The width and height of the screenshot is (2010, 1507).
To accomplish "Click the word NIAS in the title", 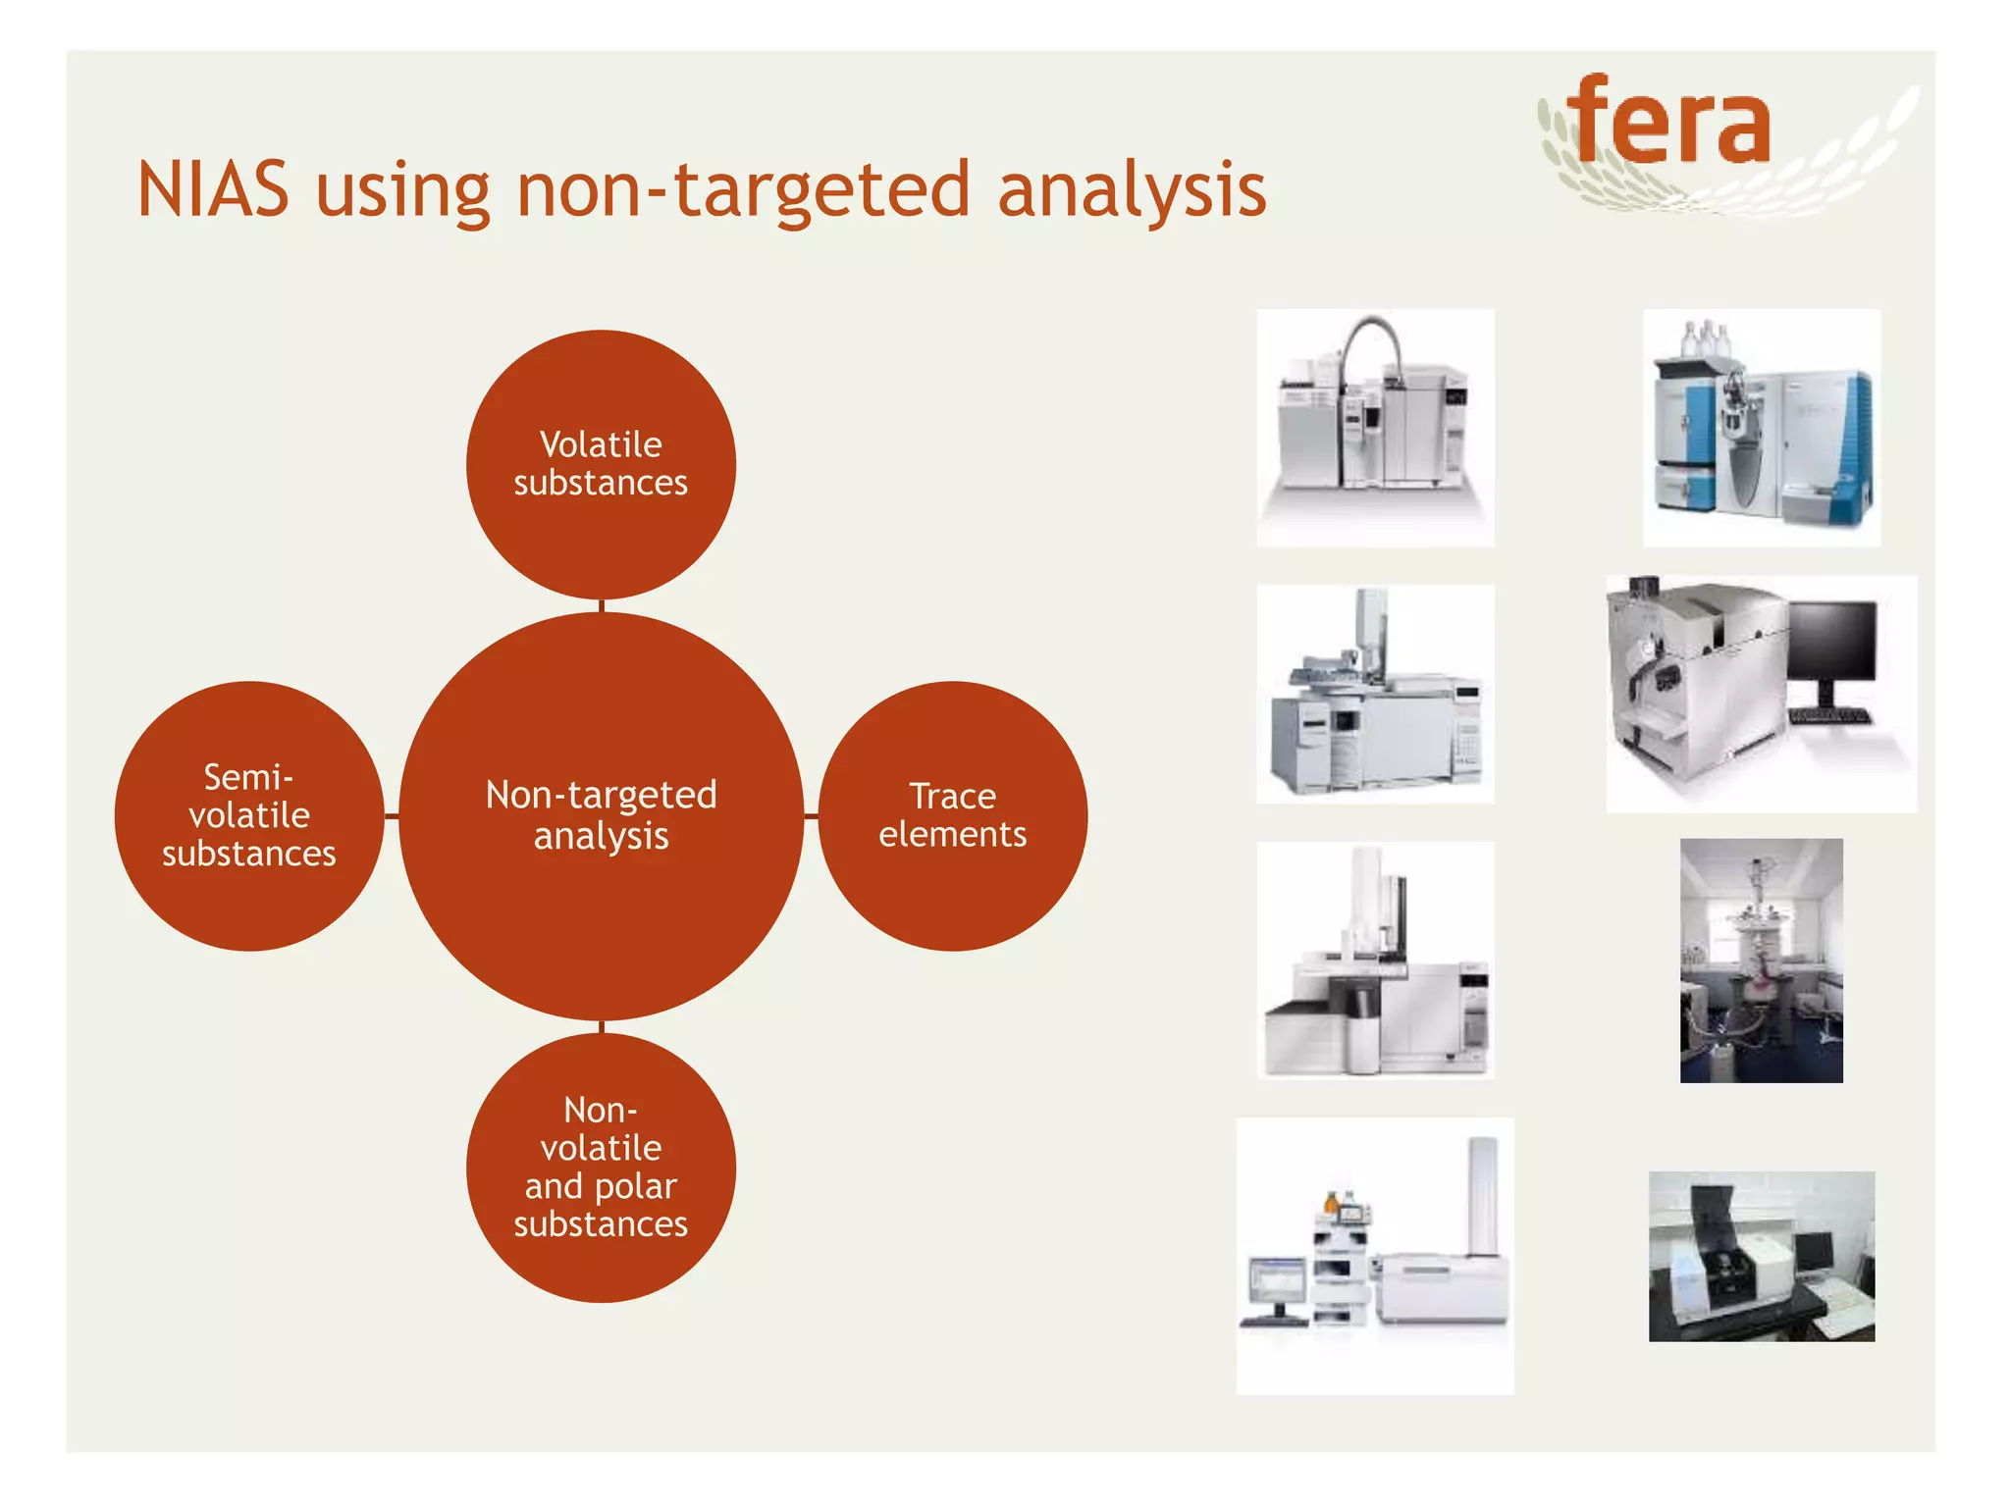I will (213, 189).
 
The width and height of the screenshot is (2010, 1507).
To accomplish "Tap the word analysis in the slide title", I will (1131, 189).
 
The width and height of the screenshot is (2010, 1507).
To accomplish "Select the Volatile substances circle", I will (601, 464).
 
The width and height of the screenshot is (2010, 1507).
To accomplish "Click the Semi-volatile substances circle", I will (248, 815).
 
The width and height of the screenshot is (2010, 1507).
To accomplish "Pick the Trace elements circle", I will (952, 815).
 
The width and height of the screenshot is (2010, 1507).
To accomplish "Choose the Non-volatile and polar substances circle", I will (601, 1167).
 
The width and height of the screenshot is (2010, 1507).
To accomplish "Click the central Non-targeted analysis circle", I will (601, 815).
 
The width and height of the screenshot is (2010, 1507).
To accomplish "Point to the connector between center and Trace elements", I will (811, 815).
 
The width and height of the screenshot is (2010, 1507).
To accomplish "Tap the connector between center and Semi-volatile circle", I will (392, 815).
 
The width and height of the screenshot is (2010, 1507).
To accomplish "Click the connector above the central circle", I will (601, 605).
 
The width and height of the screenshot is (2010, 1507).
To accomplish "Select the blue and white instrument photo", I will (1761, 428).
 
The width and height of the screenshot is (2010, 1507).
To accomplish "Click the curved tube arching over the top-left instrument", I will (1374, 338).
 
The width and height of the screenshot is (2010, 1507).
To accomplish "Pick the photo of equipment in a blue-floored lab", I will (1761, 961).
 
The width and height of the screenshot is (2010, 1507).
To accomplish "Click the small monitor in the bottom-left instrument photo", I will (1276, 1281).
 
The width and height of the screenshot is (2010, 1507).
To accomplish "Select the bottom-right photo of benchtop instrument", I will (1761, 1256).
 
